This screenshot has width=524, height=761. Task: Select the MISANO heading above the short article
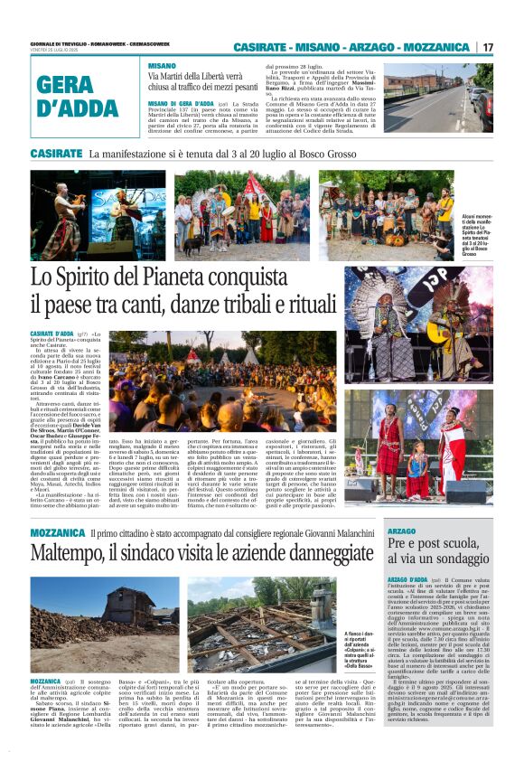pyautogui.click(x=163, y=67)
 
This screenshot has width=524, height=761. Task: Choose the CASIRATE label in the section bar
pyautogui.click(x=56, y=154)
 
